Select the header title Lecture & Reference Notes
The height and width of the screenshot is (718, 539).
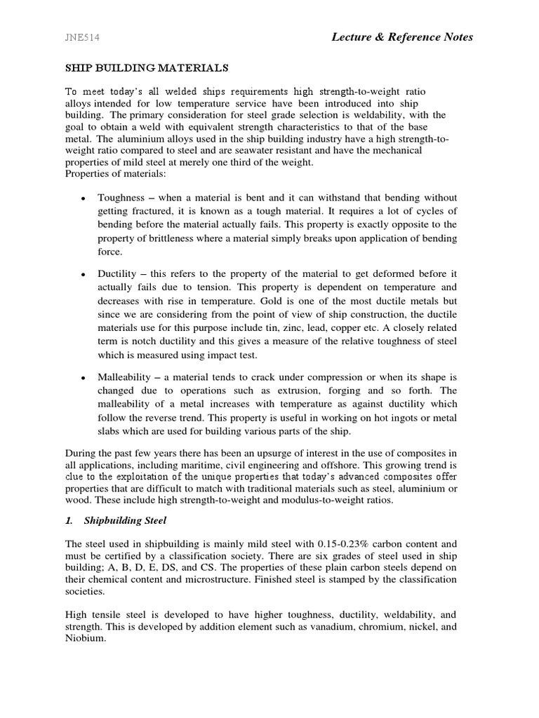[x=402, y=37]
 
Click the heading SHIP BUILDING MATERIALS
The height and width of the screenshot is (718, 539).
[x=147, y=68]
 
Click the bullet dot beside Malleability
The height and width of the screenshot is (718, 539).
[x=84, y=377]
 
